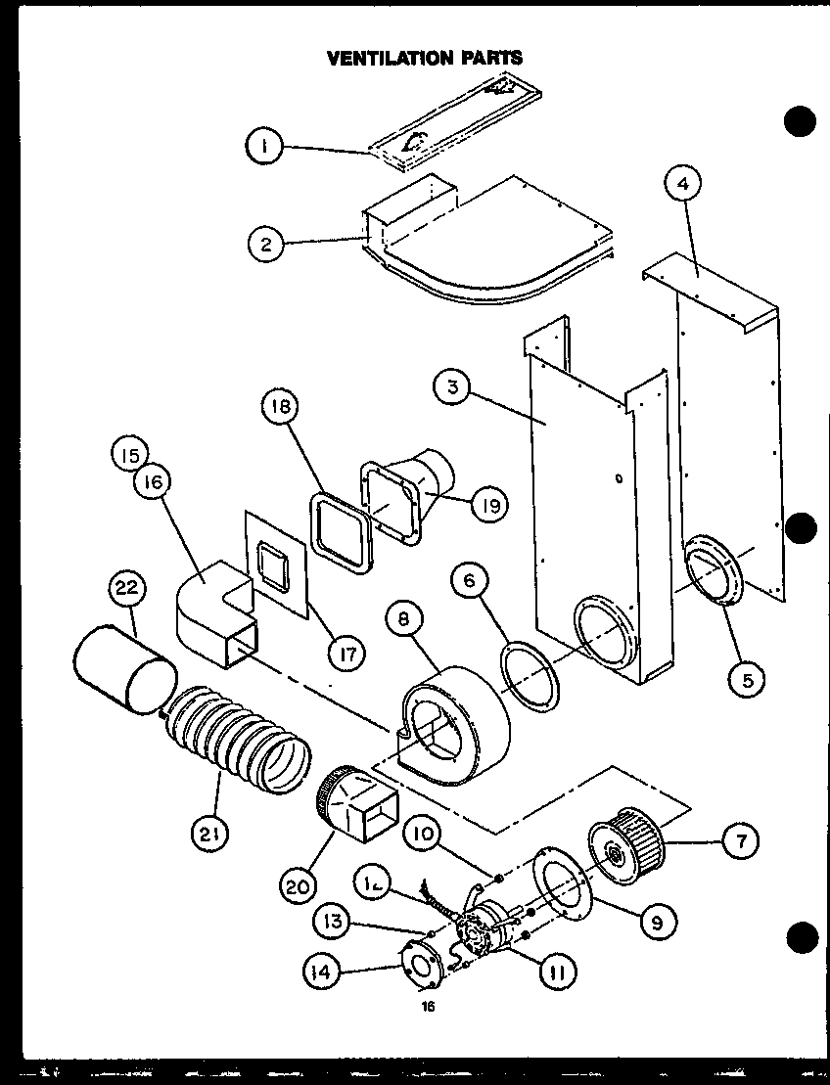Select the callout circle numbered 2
point(266,244)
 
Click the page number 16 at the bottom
point(428,1006)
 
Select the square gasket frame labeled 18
point(341,533)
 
